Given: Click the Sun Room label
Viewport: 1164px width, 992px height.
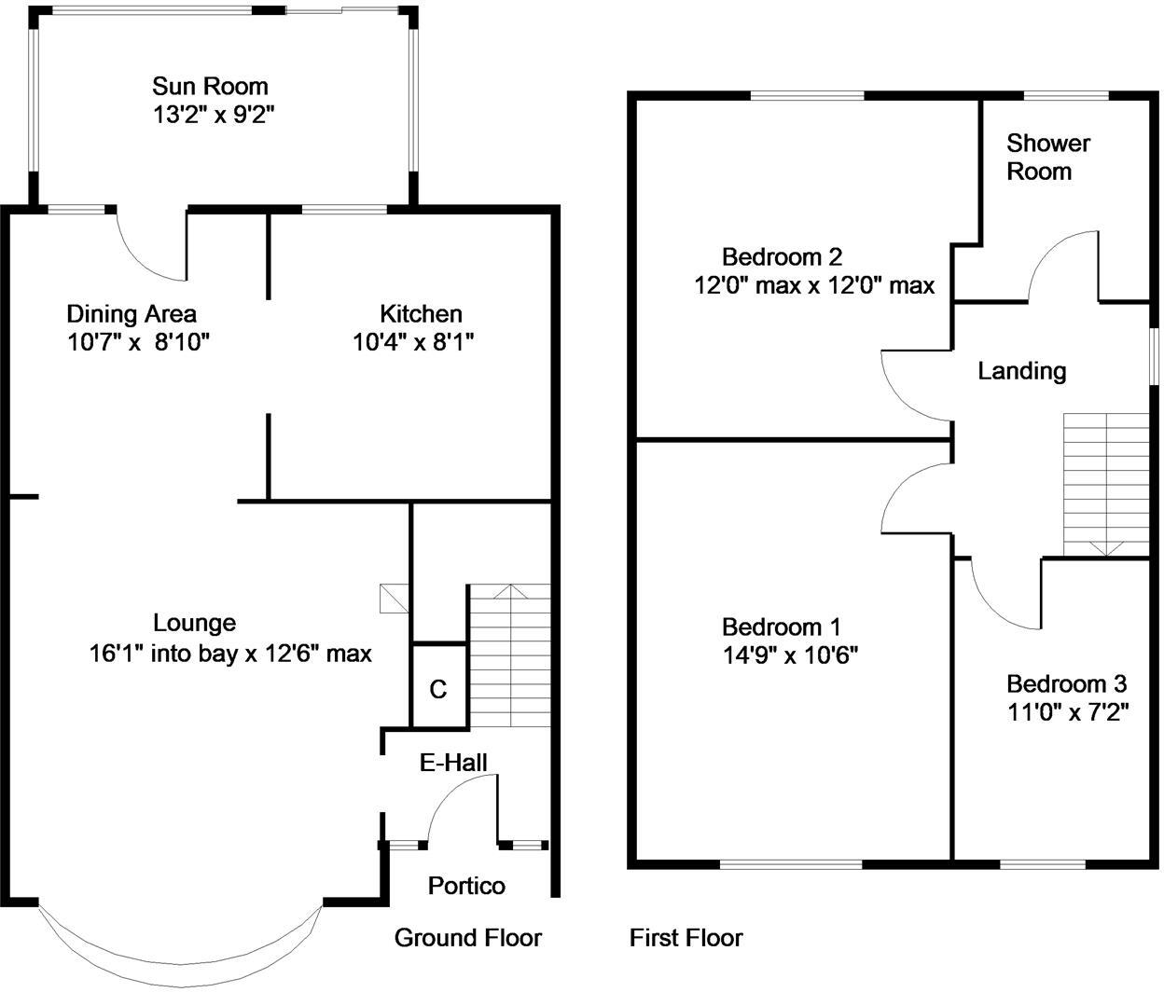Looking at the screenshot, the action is pyautogui.click(x=210, y=86).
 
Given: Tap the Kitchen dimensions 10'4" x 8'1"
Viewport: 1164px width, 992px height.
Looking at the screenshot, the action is pyautogui.click(x=413, y=342).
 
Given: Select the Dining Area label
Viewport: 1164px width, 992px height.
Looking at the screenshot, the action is pyautogui.click(x=132, y=313).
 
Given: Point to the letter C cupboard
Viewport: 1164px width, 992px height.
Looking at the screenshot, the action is pyautogui.click(x=438, y=689).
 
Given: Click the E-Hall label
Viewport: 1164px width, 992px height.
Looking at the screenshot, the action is pyautogui.click(x=453, y=763).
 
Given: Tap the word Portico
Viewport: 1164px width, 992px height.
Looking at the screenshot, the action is pyautogui.click(x=466, y=886).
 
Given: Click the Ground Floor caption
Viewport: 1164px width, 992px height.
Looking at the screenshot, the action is pyautogui.click(x=468, y=938).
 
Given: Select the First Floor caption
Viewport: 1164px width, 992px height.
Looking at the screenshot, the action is pyautogui.click(x=686, y=938).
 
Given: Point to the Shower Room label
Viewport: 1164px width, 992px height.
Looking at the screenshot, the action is pyautogui.click(x=1048, y=157).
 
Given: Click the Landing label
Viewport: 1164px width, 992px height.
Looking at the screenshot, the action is pyautogui.click(x=1022, y=371).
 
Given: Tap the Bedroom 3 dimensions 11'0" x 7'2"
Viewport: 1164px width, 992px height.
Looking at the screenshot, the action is pyautogui.click(x=1068, y=712).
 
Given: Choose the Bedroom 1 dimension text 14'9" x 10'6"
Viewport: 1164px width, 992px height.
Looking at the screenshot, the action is pyautogui.click(x=790, y=655).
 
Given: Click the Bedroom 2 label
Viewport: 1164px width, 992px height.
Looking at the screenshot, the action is pyautogui.click(x=783, y=257).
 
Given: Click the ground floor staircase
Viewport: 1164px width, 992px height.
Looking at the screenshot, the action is pyautogui.click(x=510, y=655).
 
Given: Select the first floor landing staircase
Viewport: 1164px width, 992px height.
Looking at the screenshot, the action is pyautogui.click(x=1106, y=486).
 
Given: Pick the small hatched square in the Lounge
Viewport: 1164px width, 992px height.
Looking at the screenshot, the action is pyautogui.click(x=395, y=599).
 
